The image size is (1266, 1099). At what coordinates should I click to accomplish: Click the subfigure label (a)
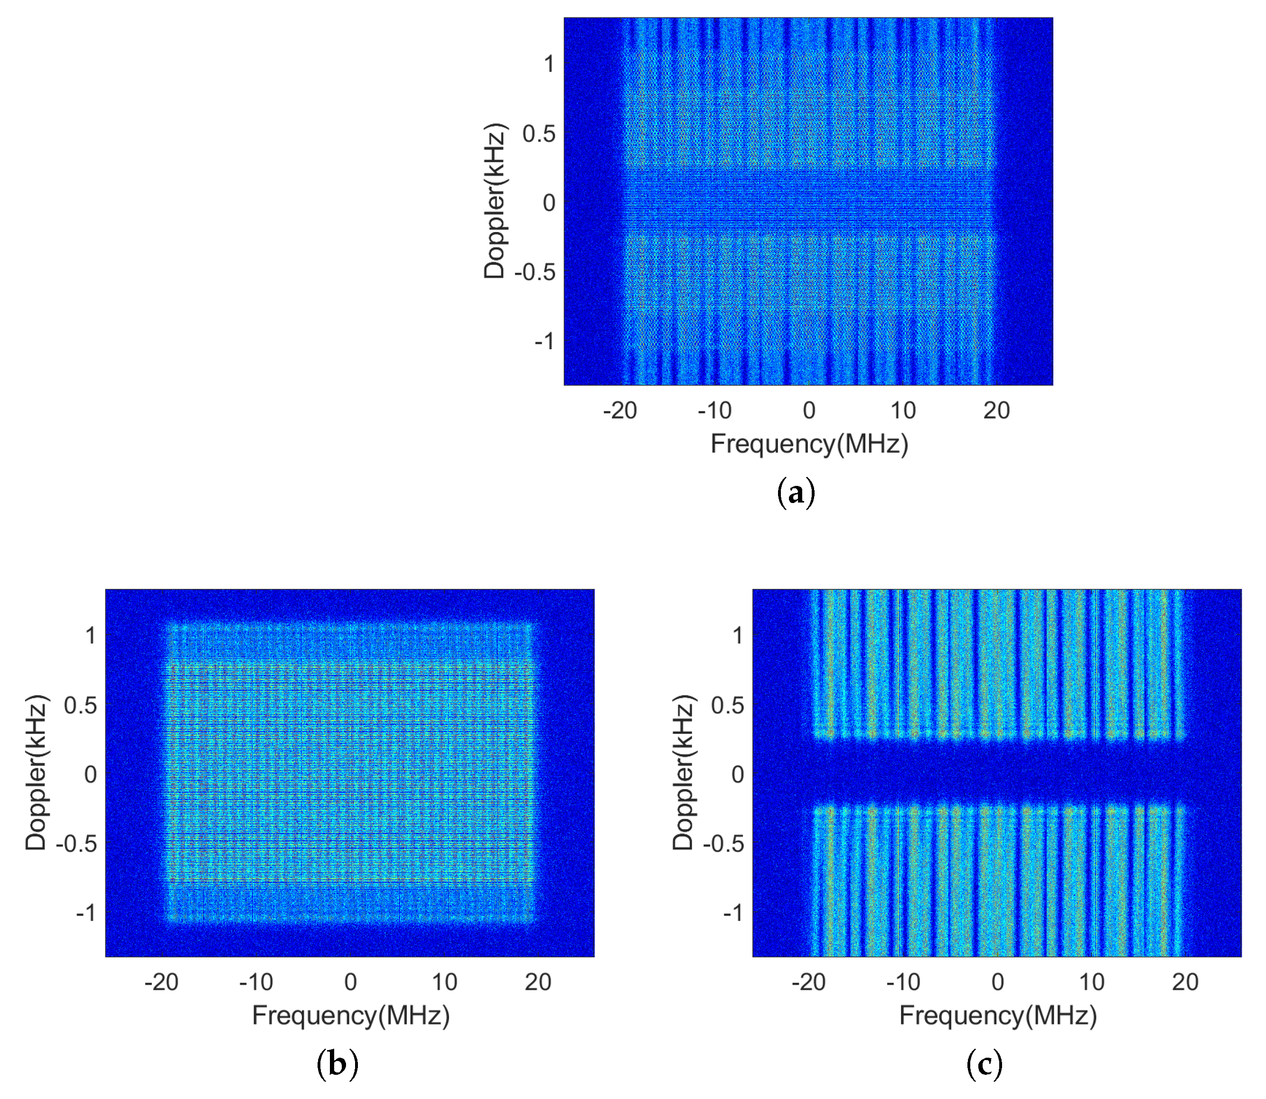coord(796,493)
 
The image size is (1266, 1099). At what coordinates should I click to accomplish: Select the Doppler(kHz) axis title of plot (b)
coord(36,773)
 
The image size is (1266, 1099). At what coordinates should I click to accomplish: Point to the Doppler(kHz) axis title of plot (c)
coord(683,773)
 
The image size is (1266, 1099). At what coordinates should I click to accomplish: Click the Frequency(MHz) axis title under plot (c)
coord(997,1015)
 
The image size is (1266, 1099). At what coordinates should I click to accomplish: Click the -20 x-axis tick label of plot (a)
coord(619,410)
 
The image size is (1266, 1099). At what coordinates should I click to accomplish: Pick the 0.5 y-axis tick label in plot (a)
coord(539,134)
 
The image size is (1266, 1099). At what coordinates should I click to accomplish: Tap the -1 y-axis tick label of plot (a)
coord(544,341)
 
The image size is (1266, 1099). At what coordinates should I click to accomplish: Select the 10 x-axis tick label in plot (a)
coord(903,410)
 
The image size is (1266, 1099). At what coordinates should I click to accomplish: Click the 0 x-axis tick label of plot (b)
coord(350,982)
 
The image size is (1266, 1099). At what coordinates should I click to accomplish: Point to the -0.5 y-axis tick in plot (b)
coord(76,844)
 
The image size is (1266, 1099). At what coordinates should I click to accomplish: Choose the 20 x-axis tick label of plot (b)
coord(538,982)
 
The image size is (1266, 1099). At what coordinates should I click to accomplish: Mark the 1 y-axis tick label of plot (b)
coord(90,635)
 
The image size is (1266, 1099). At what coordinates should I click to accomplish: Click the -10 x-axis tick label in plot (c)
coord(903,982)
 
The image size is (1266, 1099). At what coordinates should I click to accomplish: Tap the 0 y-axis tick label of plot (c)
coord(737,774)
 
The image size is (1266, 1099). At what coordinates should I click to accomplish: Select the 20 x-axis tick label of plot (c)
coord(1185,982)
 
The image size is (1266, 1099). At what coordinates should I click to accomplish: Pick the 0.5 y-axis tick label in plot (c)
coord(727,705)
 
